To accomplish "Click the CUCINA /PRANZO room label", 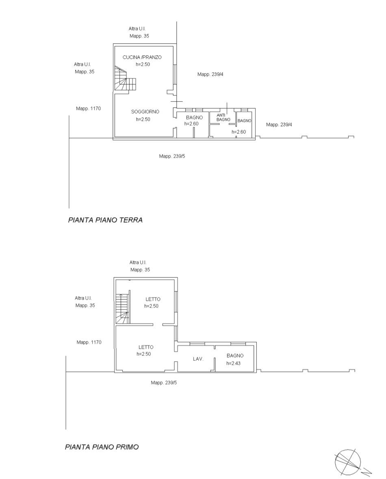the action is [x=142, y=57].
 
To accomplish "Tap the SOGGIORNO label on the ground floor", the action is [x=145, y=112].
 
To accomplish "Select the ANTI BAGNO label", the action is [x=223, y=117].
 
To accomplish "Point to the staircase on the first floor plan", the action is [x=122, y=308].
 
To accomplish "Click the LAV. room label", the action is [x=198, y=359].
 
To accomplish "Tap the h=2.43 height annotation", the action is [x=234, y=363].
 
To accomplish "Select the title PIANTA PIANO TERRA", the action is [x=105, y=220].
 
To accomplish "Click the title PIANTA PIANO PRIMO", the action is [x=102, y=447].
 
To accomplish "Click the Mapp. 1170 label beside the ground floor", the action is [x=88, y=109].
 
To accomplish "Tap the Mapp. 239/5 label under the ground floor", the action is [x=172, y=156].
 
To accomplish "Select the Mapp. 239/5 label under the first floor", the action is [x=164, y=383].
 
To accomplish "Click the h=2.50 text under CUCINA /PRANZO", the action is [x=143, y=65].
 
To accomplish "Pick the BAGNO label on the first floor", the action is [x=235, y=355].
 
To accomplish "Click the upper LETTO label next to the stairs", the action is [x=152, y=299].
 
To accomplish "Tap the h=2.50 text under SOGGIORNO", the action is [x=143, y=120].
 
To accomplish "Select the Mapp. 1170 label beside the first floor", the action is [x=89, y=342].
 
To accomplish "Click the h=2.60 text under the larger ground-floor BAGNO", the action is [x=191, y=124].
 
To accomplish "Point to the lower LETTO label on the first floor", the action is [x=146, y=347].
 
